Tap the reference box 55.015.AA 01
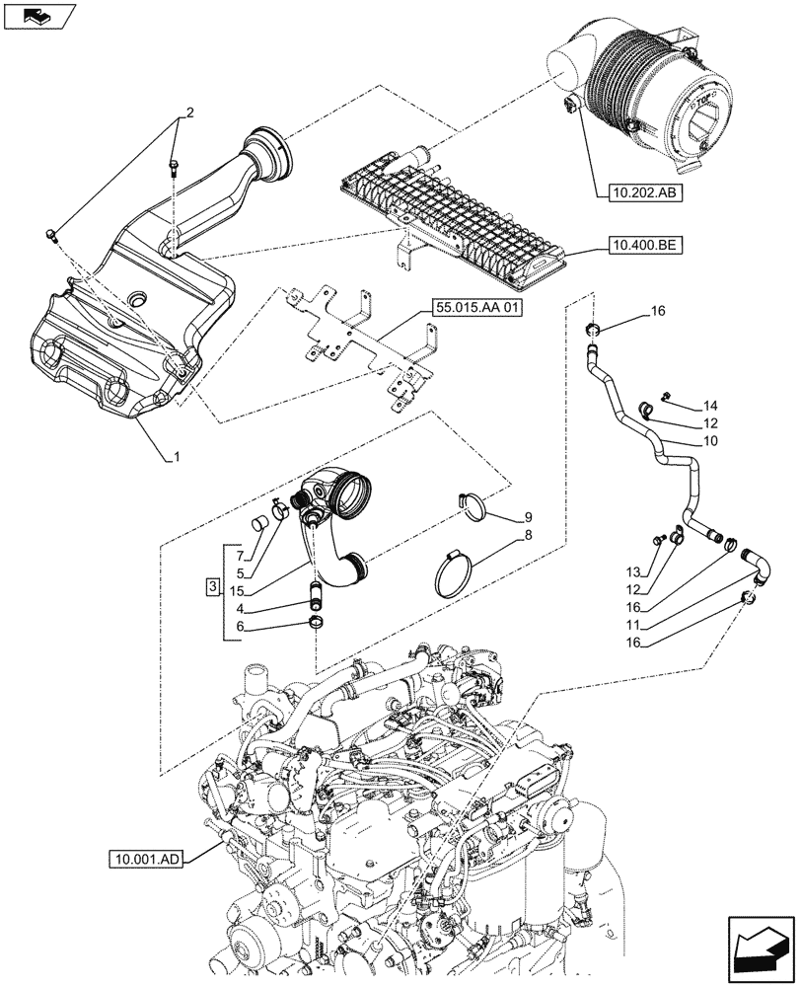coord(474,309)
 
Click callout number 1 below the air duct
coord(177,456)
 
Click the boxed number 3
coord(212,589)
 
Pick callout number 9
coord(528,516)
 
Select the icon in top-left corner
coord(38,15)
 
